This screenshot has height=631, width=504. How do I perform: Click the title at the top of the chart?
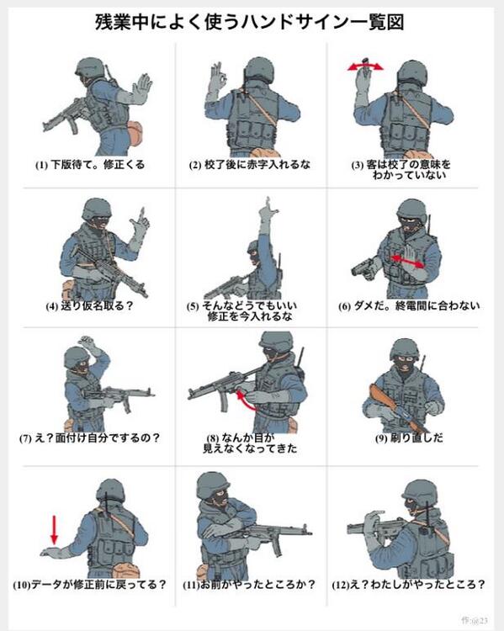coord(250,22)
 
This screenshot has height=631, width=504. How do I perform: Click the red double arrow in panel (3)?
coord(365,66)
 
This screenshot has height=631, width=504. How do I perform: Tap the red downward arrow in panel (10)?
coord(55,529)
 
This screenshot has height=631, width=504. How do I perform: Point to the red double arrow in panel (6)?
coord(408,261)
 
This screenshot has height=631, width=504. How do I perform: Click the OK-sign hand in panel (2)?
coord(217,81)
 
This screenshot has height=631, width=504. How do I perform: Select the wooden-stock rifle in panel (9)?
coord(396,408)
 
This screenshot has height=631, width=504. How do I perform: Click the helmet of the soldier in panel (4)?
coord(97,209)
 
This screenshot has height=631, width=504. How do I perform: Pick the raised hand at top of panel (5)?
coord(268,214)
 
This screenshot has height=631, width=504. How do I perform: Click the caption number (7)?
coord(25,438)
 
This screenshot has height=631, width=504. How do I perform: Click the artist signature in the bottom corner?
coord(475,620)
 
